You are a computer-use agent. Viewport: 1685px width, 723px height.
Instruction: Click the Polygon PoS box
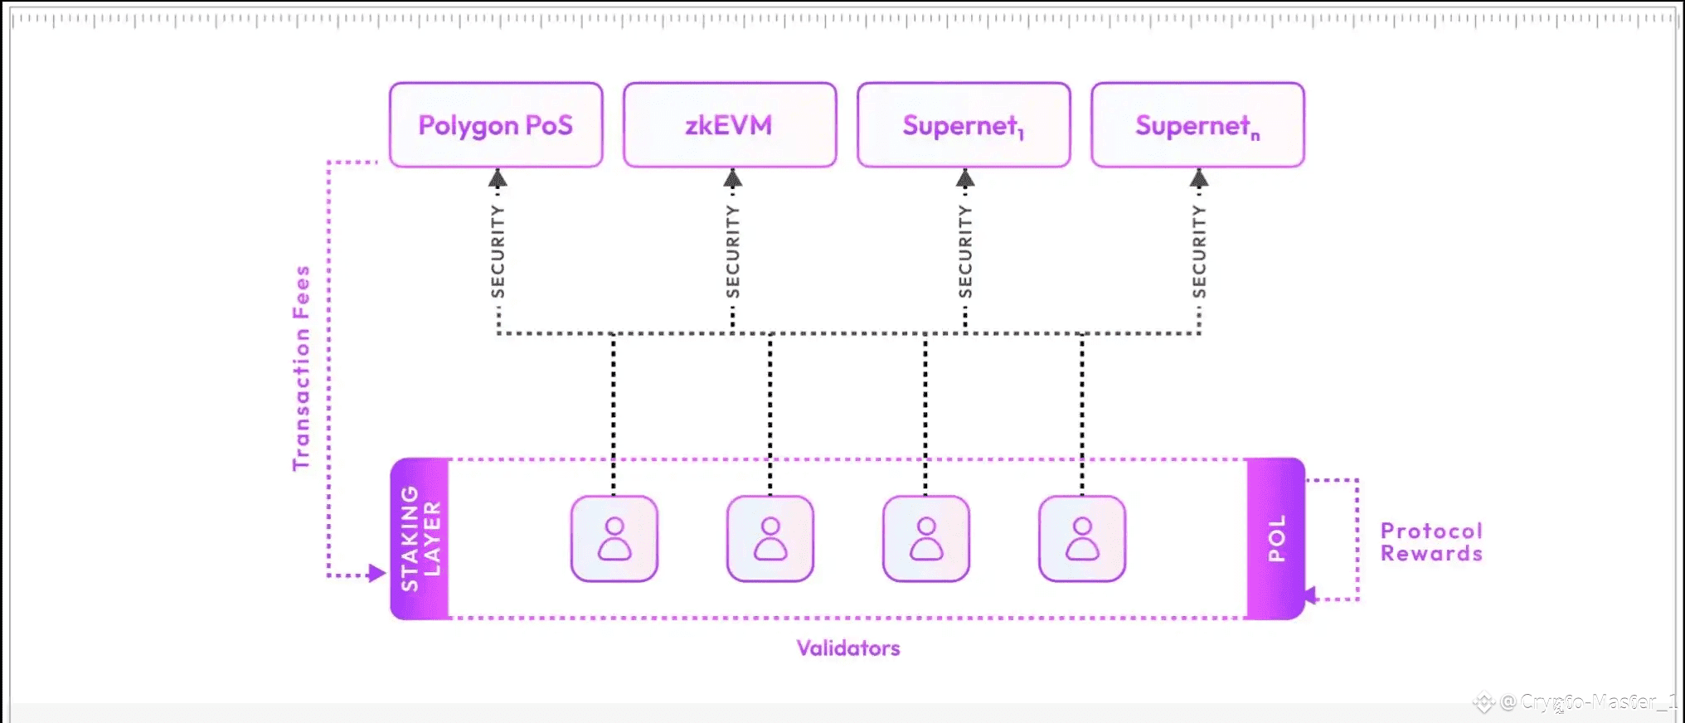(496, 125)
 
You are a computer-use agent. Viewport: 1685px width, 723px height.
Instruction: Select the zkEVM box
(730, 125)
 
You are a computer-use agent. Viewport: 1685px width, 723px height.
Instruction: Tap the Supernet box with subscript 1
(964, 125)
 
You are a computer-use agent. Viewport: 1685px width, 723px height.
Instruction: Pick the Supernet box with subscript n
(1197, 125)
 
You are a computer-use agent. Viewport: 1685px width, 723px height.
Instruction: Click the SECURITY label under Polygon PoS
(498, 251)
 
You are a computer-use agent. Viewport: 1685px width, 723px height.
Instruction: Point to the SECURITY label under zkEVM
(732, 251)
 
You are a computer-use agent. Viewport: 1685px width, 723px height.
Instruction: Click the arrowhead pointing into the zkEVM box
(732, 177)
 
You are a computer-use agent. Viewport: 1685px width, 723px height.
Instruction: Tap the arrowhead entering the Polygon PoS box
(498, 177)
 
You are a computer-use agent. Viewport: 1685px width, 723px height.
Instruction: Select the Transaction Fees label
(301, 368)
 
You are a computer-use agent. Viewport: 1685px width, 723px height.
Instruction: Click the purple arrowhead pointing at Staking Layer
(377, 573)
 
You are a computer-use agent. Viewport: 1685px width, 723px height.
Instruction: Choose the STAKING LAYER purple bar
(420, 539)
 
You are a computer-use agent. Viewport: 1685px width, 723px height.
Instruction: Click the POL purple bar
(1276, 539)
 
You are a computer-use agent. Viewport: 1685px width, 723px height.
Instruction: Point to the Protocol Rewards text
(1431, 542)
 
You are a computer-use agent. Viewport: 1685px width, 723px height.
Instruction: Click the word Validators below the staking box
(848, 648)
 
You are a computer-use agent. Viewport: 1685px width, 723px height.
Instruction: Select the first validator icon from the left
(614, 539)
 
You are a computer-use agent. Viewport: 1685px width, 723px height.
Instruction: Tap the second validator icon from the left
(770, 539)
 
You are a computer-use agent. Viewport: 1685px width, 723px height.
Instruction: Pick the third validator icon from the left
(926, 539)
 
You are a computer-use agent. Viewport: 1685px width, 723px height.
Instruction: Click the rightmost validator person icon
(1082, 539)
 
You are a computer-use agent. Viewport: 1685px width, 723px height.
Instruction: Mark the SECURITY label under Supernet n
(1199, 251)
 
